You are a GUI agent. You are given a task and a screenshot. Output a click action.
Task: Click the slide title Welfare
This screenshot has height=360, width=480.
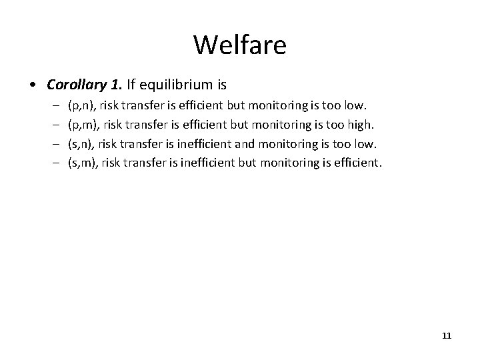click(x=240, y=45)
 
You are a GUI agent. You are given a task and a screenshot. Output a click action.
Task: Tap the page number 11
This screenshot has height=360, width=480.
click(x=446, y=336)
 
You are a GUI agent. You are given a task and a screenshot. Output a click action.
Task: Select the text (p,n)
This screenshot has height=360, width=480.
click(x=83, y=106)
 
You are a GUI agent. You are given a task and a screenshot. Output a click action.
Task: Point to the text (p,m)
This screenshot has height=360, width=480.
click(x=84, y=124)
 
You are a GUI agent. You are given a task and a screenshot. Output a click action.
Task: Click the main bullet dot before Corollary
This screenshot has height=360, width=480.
click(x=32, y=86)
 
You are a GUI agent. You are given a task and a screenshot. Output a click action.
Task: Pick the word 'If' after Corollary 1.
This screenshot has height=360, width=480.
click(x=128, y=85)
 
